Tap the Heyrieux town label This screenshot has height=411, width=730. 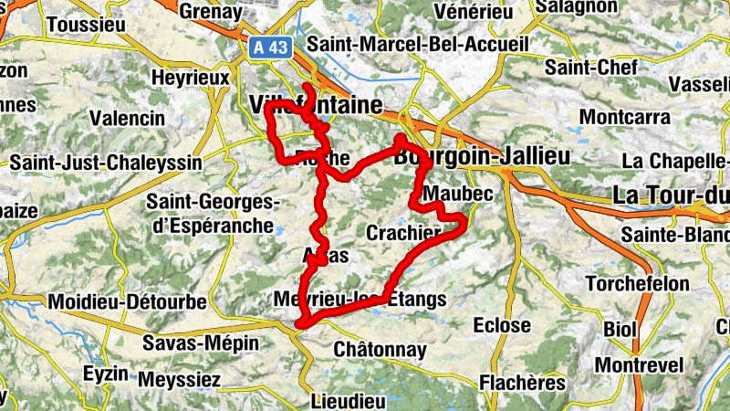coord(191,79)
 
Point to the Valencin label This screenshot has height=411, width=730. coord(128,119)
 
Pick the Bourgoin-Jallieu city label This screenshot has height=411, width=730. coord(482,157)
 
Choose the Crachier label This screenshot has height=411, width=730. coord(403,234)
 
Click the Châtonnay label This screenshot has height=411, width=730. coord(381,350)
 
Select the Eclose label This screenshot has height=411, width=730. coord(501,325)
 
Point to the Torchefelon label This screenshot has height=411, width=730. coord(637,284)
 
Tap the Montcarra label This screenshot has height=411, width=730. coord(624,118)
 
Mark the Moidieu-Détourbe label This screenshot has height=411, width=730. coord(128,301)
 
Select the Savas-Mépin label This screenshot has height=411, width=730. coord(201,344)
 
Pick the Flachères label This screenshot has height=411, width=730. coord(522,382)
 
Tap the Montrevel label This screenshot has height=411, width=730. coord(638,365)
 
